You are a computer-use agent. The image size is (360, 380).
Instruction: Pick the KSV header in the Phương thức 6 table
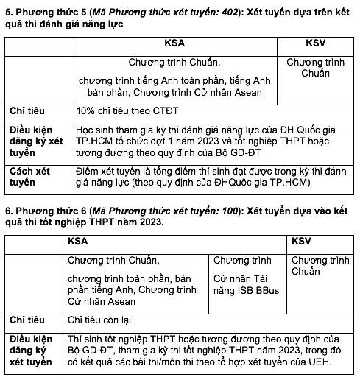[302, 241]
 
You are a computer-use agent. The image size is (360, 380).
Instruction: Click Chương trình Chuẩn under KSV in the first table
[315, 67]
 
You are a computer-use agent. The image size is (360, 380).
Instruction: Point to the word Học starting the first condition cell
[85, 128]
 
